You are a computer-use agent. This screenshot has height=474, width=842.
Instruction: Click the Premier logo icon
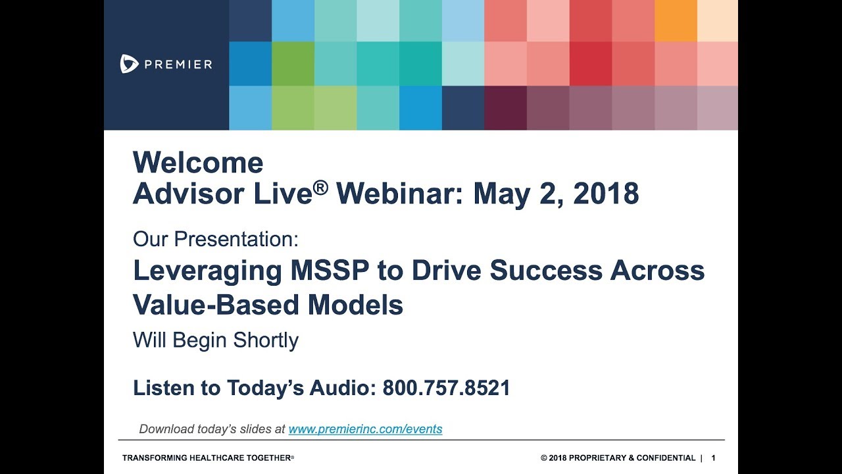click(x=129, y=64)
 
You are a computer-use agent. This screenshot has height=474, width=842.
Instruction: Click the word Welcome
click(x=198, y=163)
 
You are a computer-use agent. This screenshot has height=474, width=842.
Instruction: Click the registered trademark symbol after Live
click(x=320, y=188)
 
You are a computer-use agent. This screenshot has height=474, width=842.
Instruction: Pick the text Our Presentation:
click(x=216, y=239)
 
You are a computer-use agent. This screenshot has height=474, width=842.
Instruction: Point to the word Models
click(x=360, y=305)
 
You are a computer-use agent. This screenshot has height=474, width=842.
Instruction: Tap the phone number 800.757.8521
click(x=446, y=388)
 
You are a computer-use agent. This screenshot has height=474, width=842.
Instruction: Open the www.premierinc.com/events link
click(x=365, y=429)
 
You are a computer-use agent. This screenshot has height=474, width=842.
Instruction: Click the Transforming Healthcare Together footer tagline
click(x=208, y=458)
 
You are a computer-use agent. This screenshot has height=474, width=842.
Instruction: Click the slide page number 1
click(x=714, y=458)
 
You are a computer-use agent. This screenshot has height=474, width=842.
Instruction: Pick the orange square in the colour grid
click(x=676, y=20)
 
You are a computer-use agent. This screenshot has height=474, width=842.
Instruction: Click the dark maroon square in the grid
click(x=505, y=108)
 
